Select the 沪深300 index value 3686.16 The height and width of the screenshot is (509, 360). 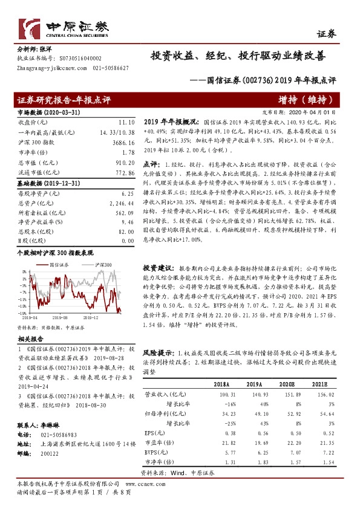122,141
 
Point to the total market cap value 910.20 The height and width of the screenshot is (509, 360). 123,163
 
